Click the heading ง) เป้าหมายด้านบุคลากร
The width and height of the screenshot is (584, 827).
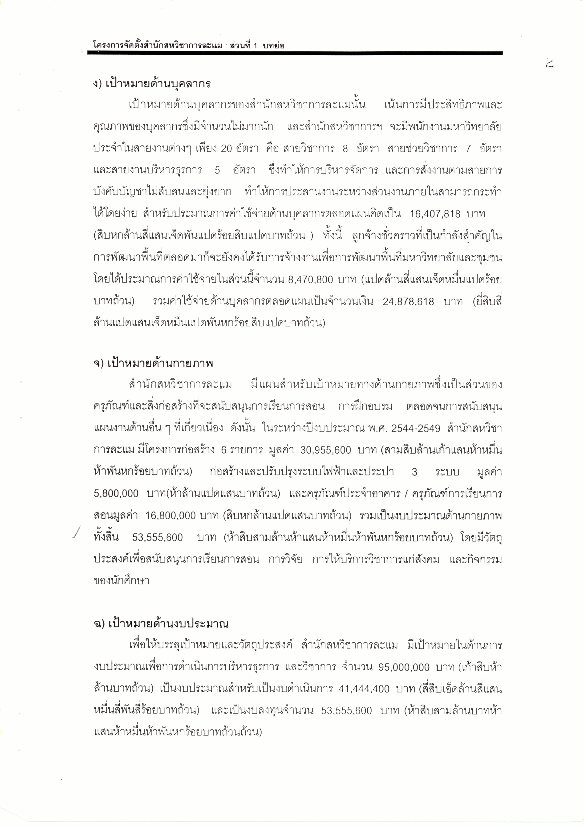151,84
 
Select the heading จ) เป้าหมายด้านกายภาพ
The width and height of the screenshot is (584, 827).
153,363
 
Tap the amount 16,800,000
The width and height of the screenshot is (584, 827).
170,515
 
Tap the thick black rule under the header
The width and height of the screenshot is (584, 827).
295,53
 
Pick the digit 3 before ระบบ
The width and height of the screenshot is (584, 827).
414,472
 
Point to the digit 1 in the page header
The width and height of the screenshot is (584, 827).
254,46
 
